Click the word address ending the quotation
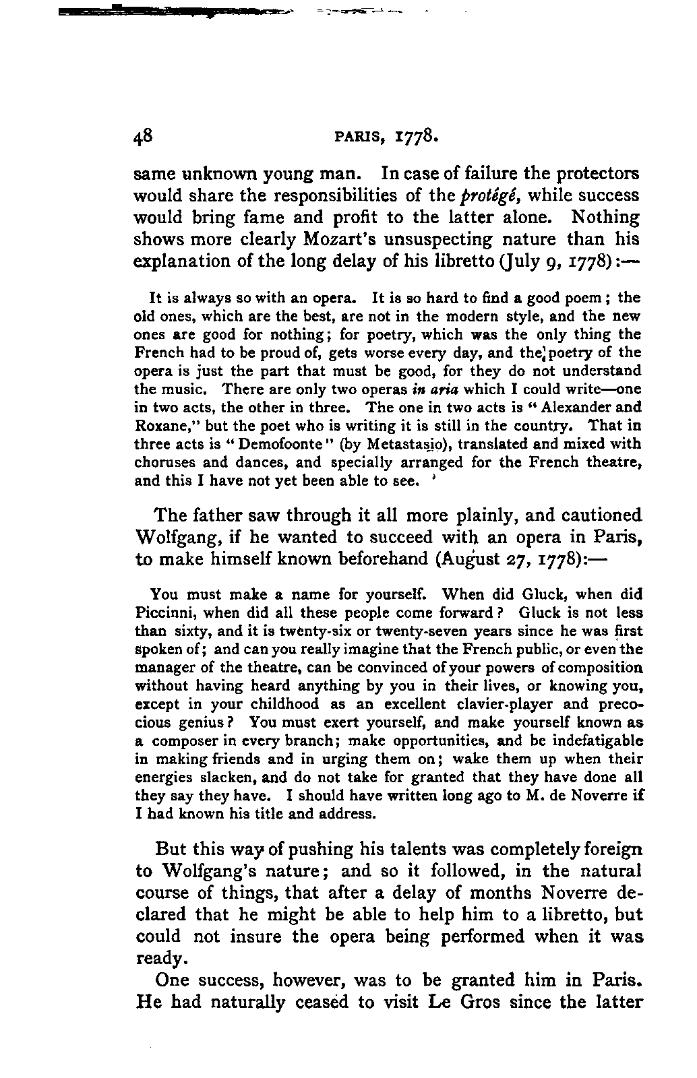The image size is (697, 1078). (347, 813)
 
